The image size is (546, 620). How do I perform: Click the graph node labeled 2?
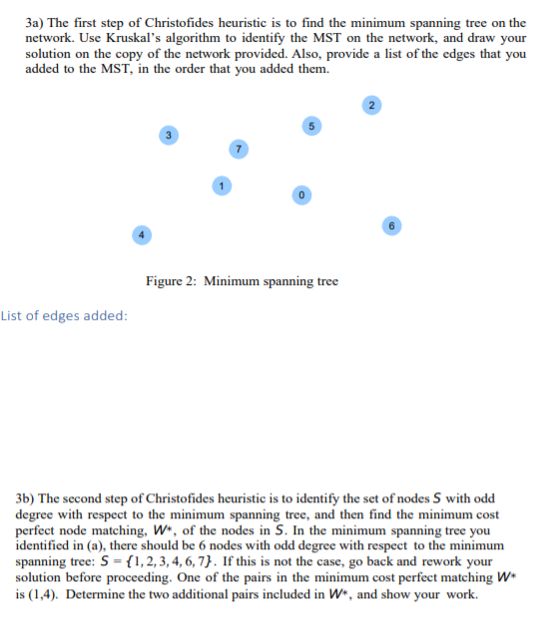click(371, 105)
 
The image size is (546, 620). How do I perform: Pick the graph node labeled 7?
click(236, 150)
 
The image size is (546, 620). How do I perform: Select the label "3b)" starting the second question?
click(27, 496)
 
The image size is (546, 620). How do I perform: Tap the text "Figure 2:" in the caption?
click(172, 281)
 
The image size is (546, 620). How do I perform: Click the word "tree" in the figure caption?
click(326, 281)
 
